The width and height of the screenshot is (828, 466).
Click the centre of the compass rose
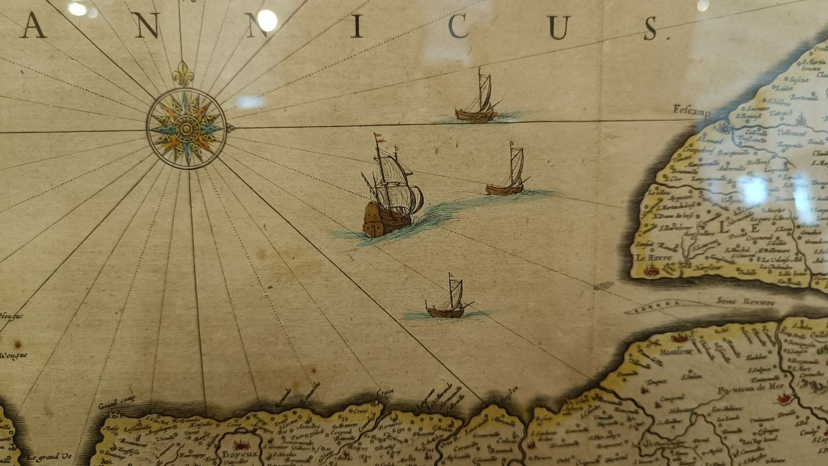[186, 128]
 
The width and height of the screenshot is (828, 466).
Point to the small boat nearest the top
[477, 100]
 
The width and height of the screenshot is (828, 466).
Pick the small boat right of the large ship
[509, 173]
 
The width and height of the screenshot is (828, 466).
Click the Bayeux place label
[238, 454]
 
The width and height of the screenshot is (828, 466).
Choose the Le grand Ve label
[49, 456]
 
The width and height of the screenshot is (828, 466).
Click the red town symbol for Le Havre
[651, 271]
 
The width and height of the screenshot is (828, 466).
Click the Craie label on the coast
[385, 393]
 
